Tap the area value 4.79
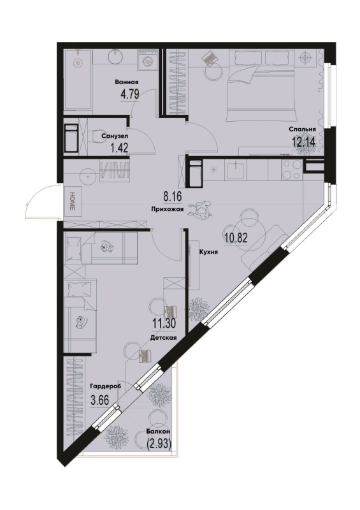click(x=130, y=94)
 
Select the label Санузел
click(x=114, y=136)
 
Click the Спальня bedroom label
click(x=303, y=129)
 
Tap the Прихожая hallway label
click(x=168, y=210)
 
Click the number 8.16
click(x=171, y=197)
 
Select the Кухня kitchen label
click(x=208, y=251)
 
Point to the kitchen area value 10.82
click(x=236, y=238)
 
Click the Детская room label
click(x=164, y=338)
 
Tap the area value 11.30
click(x=164, y=324)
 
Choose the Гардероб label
click(x=106, y=386)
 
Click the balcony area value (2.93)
click(x=159, y=444)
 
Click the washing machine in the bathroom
click(x=148, y=61)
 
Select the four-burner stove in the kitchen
click(x=291, y=170)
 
